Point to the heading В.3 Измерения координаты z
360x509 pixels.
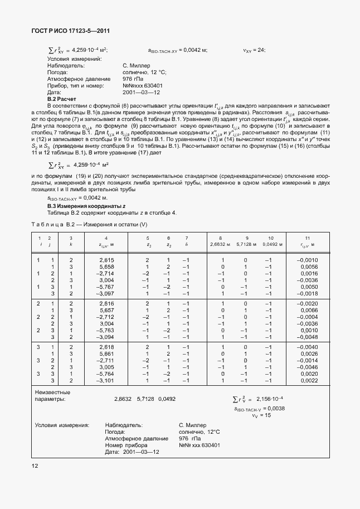[x=82, y=206]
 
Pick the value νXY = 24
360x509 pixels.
[x=254, y=50]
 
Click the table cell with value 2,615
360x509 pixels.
[x=106, y=260]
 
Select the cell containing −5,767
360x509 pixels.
[x=105, y=287]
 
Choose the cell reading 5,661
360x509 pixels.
[x=106, y=353]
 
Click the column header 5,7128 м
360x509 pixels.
[x=245, y=244]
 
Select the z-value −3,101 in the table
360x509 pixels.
[x=105, y=380]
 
